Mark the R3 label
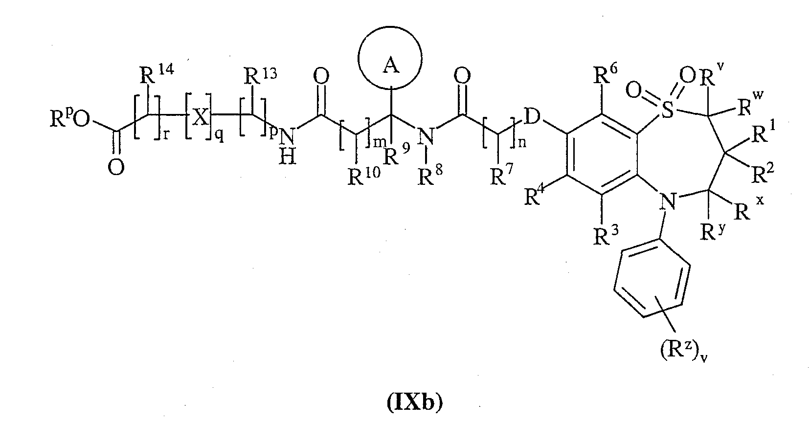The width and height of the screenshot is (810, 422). (x=606, y=235)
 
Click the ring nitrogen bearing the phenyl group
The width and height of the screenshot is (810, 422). (x=668, y=201)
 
